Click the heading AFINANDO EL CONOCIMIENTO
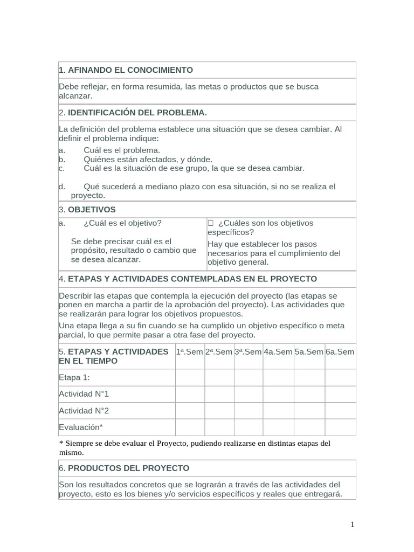[x=126, y=70]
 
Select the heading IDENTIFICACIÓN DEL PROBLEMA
[x=137, y=113]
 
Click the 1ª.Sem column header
[x=190, y=352]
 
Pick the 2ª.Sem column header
[x=219, y=352]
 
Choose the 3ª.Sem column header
[x=248, y=352]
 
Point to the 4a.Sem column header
[x=278, y=352]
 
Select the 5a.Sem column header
[x=309, y=352]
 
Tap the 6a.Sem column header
[x=340, y=352]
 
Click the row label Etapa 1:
[x=74, y=377]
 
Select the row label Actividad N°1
[x=84, y=394]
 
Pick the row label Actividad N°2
[x=84, y=411]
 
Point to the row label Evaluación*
[x=80, y=427]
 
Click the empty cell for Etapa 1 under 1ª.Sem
[x=190, y=377]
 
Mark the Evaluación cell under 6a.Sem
[x=340, y=427]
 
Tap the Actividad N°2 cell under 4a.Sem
[x=278, y=411]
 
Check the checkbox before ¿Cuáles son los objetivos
[x=211, y=223]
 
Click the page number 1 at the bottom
[x=353, y=524]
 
